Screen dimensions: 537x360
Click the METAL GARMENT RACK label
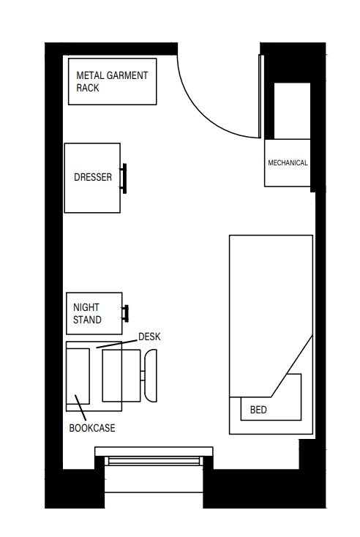(x=112, y=81)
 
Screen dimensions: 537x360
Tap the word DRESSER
(x=93, y=177)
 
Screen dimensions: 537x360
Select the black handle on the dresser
(x=125, y=178)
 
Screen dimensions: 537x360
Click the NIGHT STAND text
(x=87, y=314)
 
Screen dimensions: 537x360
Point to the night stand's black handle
(x=126, y=313)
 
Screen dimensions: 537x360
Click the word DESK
(x=149, y=337)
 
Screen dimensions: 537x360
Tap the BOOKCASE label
(x=91, y=428)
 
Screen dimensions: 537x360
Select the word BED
(x=258, y=410)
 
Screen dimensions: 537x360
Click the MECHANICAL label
(x=288, y=163)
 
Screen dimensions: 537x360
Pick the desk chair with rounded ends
(x=151, y=375)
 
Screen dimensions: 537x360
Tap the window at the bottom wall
(x=154, y=460)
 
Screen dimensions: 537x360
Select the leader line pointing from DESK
(x=117, y=342)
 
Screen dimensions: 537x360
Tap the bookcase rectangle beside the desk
(x=78, y=375)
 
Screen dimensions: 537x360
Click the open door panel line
(x=260, y=95)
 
